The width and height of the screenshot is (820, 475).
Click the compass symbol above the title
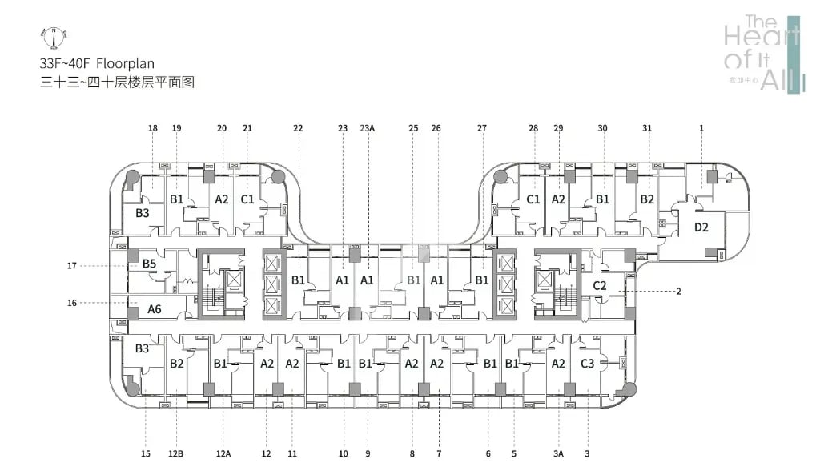pos(53,36)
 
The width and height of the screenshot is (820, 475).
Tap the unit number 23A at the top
pos(368,128)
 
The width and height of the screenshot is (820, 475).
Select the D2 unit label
pos(701,227)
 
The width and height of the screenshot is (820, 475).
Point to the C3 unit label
pos(588,363)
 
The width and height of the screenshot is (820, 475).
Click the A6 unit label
pos(155,308)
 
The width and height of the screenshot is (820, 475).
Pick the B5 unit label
pos(149,263)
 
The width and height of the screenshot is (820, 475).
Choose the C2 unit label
pos(599,284)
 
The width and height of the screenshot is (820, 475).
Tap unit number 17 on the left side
pos(71,265)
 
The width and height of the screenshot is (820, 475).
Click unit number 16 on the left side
pos(71,303)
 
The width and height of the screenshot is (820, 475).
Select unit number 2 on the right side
pos(678,292)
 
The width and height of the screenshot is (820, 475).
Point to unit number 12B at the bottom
pos(176,454)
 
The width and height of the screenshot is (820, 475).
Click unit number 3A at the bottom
pos(558,454)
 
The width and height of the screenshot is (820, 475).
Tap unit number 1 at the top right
pos(701,128)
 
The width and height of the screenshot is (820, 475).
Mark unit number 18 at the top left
pos(152,128)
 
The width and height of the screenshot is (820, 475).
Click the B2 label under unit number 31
pos(647,199)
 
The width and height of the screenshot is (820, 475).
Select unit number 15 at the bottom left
pos(146,454)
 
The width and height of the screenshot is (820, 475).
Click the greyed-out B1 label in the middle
pos(413,280)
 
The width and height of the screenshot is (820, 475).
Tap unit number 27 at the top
pos(482,128)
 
